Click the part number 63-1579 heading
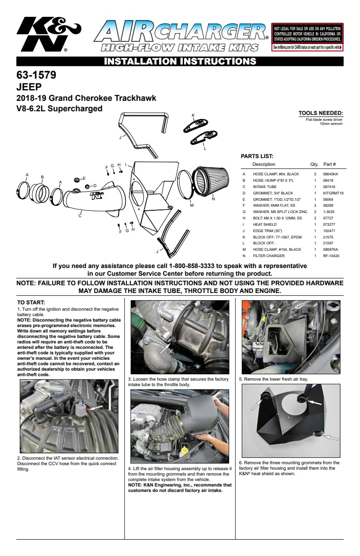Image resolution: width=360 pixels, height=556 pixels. pyautogui.click(x=36, y=74)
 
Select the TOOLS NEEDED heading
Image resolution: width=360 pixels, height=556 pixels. pyautogui.click(x=320, y=113)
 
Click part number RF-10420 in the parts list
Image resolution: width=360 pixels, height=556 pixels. pyautogui.click(x=331, y=256)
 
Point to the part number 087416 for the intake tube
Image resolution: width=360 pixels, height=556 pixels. pyautogui.click(x=330, y=187)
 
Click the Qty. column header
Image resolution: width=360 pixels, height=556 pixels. pyautogui.click(x=314, y=164)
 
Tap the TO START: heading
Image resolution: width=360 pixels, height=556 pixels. pyautogui.click(x=31, y=303)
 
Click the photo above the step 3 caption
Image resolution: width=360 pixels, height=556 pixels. pyautogui.click(x=179, y=337)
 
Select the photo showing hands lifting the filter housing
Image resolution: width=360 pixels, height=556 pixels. pyautogui.click(x=179, y=426)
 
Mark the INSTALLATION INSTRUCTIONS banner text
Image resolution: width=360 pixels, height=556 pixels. pyautogui.click(x=180, y=61)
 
